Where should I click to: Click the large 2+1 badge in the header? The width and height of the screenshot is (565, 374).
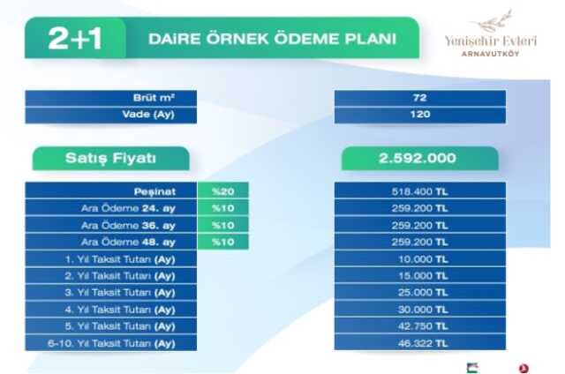tap(75, 38)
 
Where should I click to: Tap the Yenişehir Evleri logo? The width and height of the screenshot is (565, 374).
tap(491, 34)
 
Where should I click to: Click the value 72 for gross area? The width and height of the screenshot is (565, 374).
tap(420, 98)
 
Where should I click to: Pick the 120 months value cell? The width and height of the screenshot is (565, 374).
tap(420, 115)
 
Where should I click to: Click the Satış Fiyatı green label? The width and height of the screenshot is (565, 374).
tap(111, 159)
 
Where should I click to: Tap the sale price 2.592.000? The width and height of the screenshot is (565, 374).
tap(418, 159)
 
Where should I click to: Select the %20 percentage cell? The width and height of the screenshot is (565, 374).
tap(223, 191)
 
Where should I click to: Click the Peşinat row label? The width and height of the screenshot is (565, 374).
tap(154, 191)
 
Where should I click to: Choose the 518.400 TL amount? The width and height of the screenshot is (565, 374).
tap(420, 191)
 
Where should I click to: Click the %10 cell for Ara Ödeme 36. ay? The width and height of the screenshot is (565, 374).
tap(223, 225)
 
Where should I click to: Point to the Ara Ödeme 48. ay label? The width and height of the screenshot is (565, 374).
tap(128, 242)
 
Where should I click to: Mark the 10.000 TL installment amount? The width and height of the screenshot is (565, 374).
tap(423, 259)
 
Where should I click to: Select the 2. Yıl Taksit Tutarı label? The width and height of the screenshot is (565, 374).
tap(120, 276)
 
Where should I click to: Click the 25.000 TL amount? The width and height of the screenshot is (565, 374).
tap(423, 293)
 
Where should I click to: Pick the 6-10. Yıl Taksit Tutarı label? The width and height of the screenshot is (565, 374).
tap(112, 343)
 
